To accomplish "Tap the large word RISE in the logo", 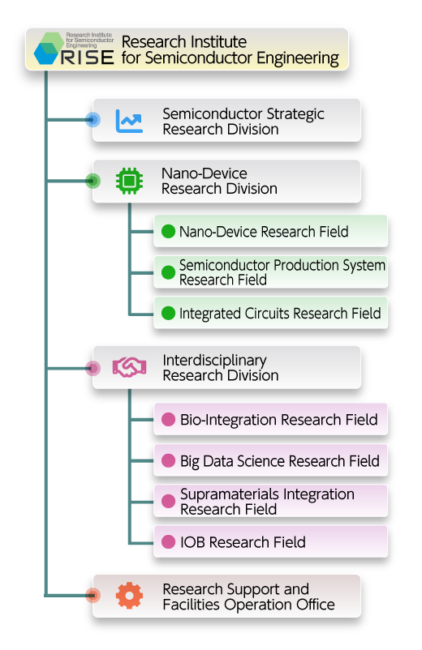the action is point(87,58).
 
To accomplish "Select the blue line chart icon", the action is point(129,121).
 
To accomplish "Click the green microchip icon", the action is point(130,181).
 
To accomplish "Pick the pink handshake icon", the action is point(129,367).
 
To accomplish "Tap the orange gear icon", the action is point(130,595).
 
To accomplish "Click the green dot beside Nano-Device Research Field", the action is point(168,231).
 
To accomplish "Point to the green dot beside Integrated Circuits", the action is point(168,313).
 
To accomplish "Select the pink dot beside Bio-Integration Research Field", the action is point(168,420).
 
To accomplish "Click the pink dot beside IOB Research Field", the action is point(168,542).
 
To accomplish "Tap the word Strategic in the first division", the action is point(295,114).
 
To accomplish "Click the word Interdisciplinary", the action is point(214,361).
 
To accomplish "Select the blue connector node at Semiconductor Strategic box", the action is point(93,120).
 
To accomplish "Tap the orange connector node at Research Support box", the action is point(93,595).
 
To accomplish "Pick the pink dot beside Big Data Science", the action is point(168,460).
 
